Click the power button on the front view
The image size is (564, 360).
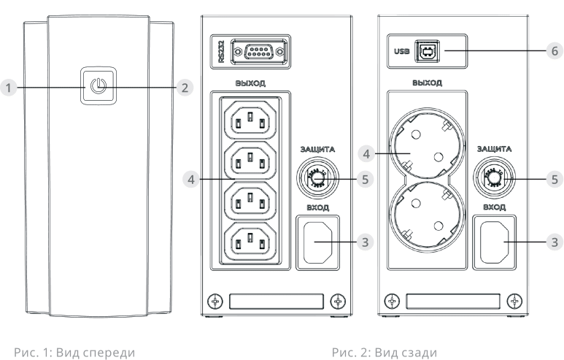(98, 88)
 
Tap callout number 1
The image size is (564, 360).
(9, 88)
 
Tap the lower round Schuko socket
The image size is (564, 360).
(420, 215)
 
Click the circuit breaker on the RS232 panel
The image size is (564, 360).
(317, 177)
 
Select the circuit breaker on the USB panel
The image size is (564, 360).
(495, 177)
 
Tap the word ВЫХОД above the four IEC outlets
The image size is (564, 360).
(250, 83)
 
